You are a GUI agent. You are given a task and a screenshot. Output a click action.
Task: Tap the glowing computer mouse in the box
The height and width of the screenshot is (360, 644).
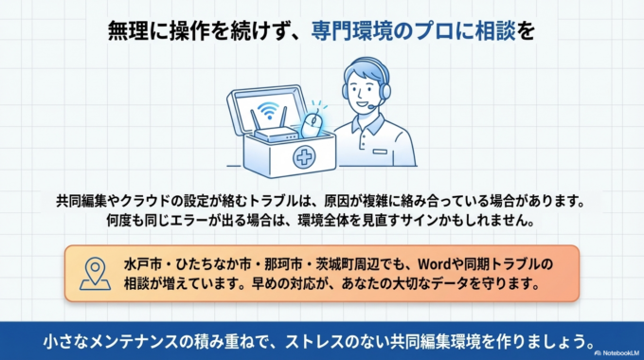pyautogui.click(x=313, y=123)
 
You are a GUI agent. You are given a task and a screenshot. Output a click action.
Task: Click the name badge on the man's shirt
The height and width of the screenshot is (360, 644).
pyautogui.click(x=381, y=150)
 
